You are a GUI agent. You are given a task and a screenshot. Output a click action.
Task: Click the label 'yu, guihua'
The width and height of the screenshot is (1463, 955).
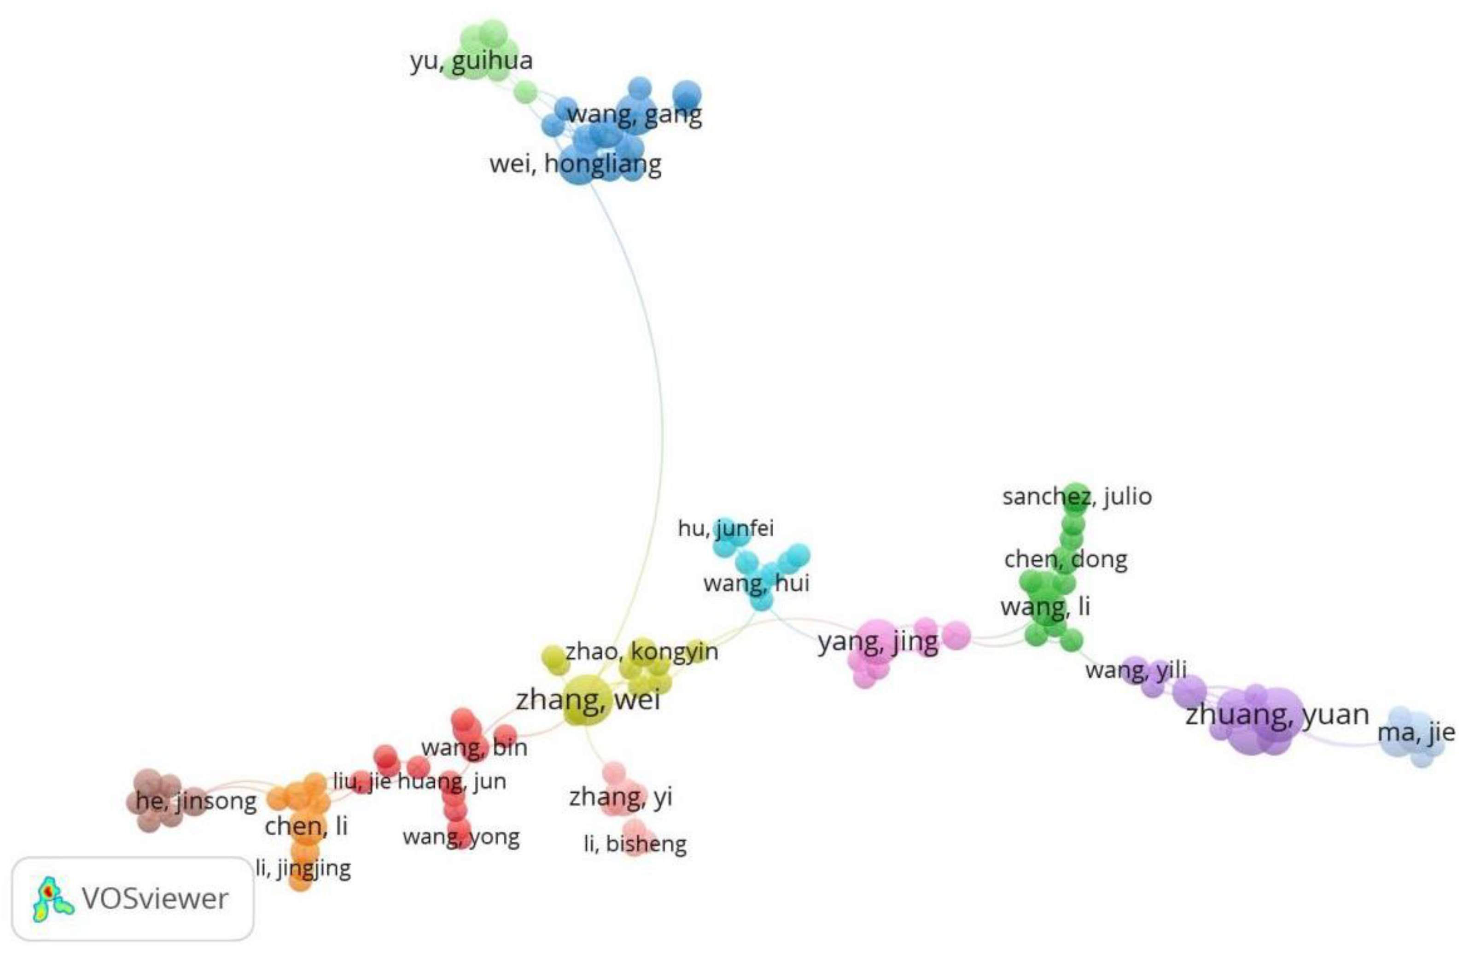pyautogui.click(x=471, y=61)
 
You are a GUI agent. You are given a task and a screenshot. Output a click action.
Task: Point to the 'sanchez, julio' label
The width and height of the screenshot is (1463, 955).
pyautogui.click(x=1077, y=496)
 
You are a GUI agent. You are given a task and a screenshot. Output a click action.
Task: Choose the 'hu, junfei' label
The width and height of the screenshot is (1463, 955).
pyautogui.click(x=725, y=527)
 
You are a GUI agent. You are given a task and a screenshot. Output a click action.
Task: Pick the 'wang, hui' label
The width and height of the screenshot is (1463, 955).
pyautogui.click(x=756, y=582)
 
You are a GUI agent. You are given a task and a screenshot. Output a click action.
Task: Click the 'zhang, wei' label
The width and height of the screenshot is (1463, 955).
pyautogui.click(x=588, y=699)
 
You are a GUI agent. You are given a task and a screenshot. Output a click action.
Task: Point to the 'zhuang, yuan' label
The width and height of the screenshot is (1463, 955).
pyautogui.click(x=1277, y=714)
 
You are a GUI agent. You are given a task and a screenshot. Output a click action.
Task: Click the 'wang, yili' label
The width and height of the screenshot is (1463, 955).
pyautogui.click(x=1136, y=670)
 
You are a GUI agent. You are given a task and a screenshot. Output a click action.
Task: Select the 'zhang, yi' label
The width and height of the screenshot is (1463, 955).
pyautogui.click(x=620, y=797)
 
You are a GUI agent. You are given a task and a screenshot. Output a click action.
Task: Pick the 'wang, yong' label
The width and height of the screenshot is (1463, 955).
pyautogui.click(x=461, y=837)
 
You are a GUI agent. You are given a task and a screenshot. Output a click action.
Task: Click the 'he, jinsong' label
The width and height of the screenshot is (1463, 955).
pyautogui.click(x=195, y=801)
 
